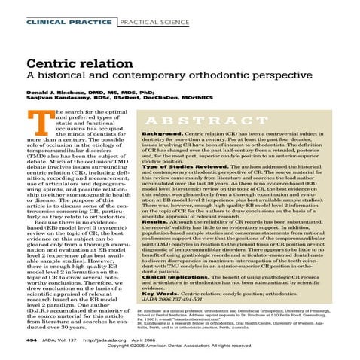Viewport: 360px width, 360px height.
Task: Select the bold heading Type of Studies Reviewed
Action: pos(175,165)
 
